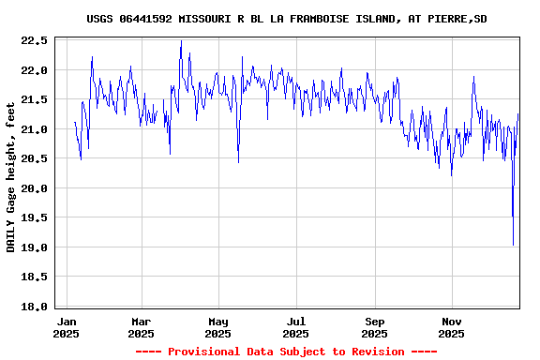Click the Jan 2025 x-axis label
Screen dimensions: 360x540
tap(66, 327)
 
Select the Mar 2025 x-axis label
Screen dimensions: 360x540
tap(141, 327)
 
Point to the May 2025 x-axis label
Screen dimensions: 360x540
tap(217, 327)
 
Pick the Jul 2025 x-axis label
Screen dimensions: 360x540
tap(295, 327)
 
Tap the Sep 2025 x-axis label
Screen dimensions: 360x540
tap(374, 327)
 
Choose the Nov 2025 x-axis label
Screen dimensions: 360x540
tap(452, 327)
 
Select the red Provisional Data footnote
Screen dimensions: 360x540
tap(286, 352)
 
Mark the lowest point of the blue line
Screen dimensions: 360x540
tap(513, 246)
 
